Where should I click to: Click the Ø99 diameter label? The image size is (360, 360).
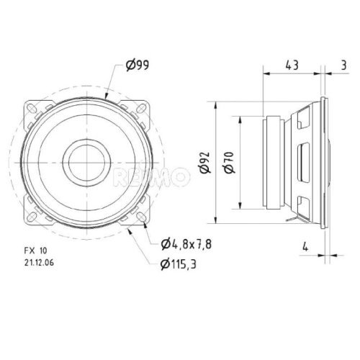tap(137, 66)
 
